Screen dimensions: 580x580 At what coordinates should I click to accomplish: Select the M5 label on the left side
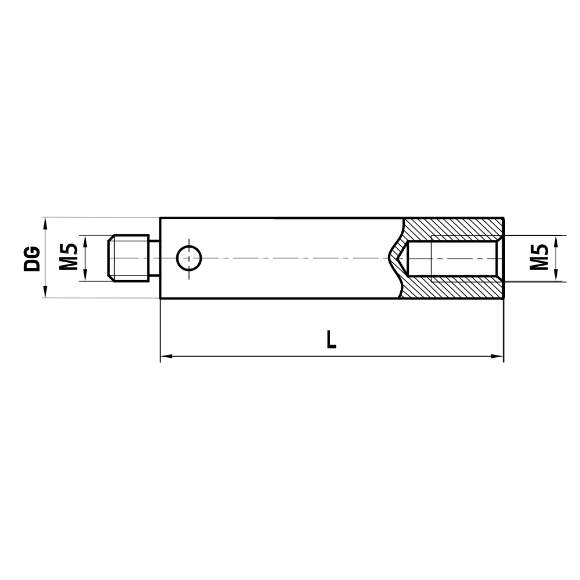click(69, 258)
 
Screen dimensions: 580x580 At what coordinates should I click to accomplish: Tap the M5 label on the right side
click(540, 258)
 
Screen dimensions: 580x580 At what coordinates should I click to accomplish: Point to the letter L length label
click(331, 339)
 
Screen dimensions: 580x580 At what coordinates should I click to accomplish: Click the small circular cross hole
click(189, 258)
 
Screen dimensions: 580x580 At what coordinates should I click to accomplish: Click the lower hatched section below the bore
click(452, 288)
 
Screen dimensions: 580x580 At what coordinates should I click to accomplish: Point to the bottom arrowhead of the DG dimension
click(45, 293)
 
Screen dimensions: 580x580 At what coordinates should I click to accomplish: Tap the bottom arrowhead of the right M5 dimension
click(556, 276)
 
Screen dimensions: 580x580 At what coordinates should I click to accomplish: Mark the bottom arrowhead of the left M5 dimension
click(85, 276)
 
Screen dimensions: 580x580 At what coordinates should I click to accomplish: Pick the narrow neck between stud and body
click(155, 258)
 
